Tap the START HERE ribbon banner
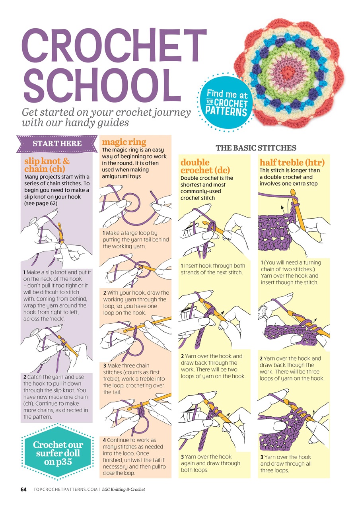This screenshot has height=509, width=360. tap(57, 144)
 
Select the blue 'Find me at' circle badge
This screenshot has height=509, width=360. tap(226, 103)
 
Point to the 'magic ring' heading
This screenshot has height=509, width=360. tap(124, 142)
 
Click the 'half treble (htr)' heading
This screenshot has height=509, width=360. tap(292, 162)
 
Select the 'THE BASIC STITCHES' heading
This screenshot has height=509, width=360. tap(256, 148)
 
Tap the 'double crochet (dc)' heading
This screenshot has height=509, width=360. tap(205, 166)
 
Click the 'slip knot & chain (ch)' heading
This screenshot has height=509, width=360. tap(47, 165)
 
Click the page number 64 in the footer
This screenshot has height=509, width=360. tap(23, 490)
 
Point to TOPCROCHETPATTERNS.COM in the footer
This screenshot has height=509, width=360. tap(66, 490)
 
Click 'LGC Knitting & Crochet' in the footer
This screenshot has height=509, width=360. tap(123, 490)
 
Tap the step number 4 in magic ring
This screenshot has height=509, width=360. tap(104, 440)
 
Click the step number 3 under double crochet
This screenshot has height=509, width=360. tap(182, 457)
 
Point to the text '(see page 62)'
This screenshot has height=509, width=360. tap(41, 203)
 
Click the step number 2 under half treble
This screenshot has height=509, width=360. tap(261, 359)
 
